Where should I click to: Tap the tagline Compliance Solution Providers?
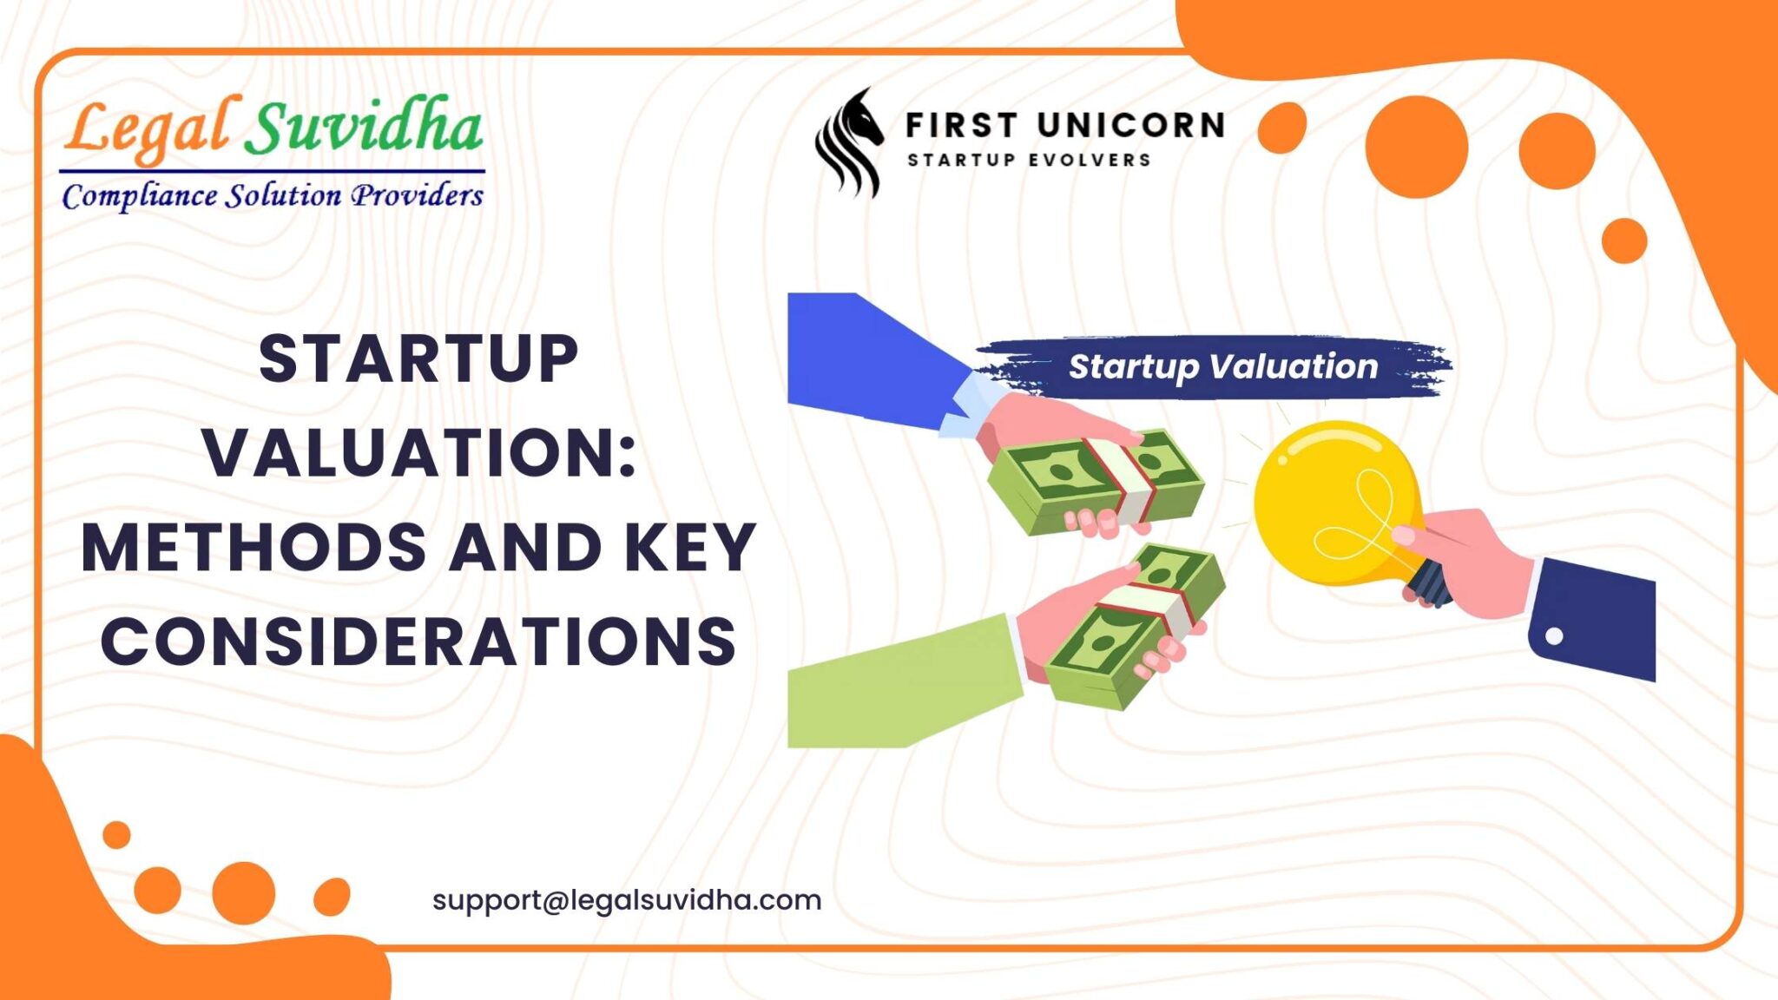point(273,196)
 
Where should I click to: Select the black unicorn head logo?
point(849,141)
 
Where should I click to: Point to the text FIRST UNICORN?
point(1065,126)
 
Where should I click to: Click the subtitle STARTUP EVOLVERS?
point(1030,161)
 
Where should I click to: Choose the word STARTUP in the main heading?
point(418,359)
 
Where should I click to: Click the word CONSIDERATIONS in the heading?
point(418,641)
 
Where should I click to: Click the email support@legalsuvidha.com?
point(627,900)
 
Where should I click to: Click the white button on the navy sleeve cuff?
point(1555,636)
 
